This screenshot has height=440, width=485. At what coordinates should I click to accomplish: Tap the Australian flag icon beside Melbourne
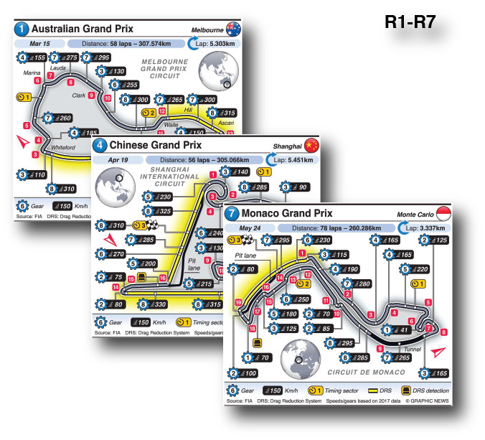232,29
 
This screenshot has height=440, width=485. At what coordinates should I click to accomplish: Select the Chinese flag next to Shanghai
311,146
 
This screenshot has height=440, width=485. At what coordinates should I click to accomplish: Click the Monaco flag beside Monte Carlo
445,213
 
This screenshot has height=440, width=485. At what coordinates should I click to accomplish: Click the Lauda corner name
57,68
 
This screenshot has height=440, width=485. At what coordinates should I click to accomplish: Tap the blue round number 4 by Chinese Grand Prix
100,146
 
